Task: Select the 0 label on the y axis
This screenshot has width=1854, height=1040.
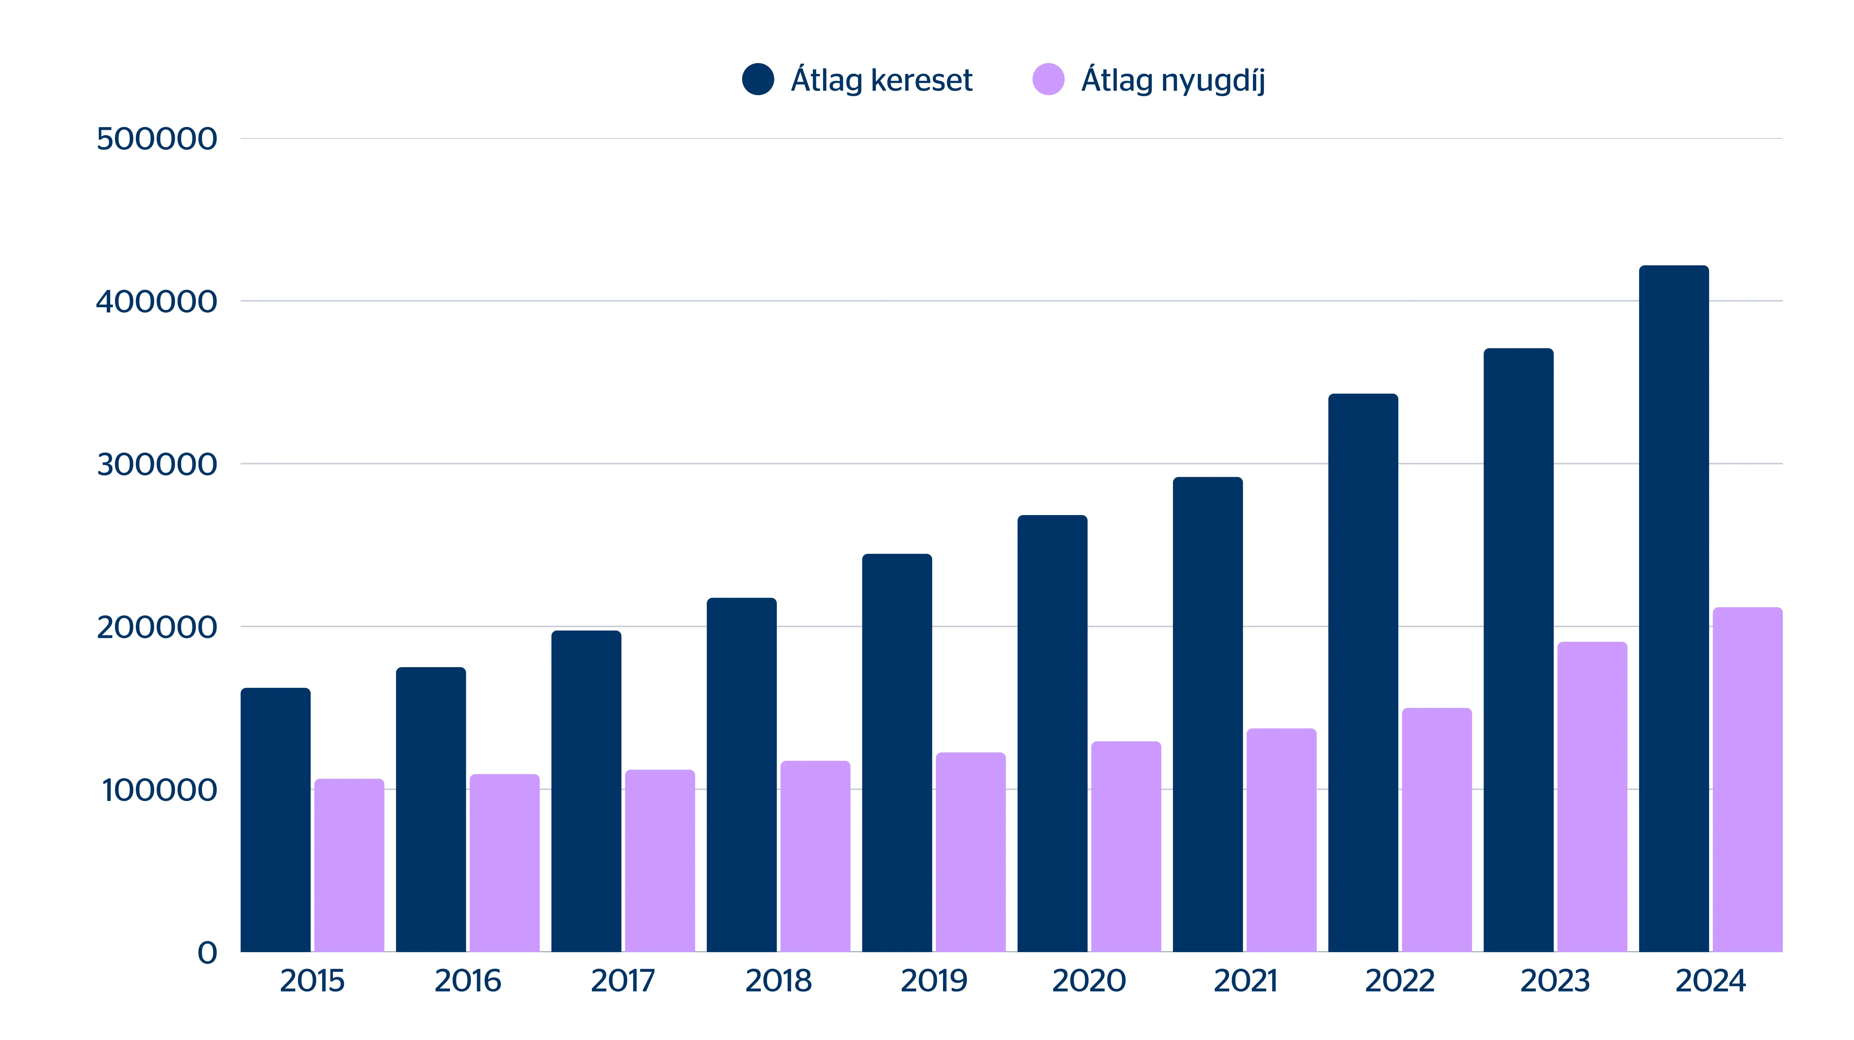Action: (x=207, y=953)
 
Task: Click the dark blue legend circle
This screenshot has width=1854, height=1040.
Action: (x=758, y=79)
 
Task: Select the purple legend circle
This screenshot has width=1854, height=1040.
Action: (x=1048, y=79)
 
